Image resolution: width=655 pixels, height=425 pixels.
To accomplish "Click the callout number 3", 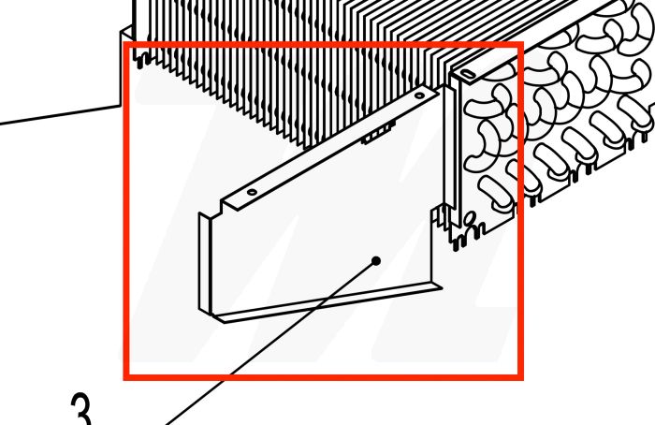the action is pos(81,409).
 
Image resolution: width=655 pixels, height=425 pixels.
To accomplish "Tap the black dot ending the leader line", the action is pos(376,261).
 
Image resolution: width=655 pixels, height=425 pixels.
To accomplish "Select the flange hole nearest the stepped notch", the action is pos(252,192).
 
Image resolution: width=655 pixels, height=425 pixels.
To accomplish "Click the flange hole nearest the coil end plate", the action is pos(419,95).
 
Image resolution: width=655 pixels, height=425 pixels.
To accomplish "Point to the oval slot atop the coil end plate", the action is pos(468,74).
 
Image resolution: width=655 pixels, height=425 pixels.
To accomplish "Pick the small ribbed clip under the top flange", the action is pos(378,134).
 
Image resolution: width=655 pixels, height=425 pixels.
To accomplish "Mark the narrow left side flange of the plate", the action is pos(205,263).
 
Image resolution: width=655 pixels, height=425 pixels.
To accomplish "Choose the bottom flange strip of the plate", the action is pos(327,302).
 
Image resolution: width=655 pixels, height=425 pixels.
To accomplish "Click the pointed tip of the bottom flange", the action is pos(442,287).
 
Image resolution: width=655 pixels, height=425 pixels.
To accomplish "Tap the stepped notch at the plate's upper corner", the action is pos(221,207).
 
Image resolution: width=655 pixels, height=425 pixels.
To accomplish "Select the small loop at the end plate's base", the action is pos(470,217).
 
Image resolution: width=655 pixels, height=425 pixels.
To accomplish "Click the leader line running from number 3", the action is pos(271,343).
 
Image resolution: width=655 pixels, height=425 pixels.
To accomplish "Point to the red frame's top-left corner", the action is pos(125,44).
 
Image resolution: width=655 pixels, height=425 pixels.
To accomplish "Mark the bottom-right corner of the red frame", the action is pos(521,378).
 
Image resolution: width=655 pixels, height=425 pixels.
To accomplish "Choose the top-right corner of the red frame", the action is pos(521,44).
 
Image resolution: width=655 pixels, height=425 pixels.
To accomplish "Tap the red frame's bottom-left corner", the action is pos(125,378).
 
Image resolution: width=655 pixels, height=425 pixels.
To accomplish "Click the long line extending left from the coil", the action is pos(61,115).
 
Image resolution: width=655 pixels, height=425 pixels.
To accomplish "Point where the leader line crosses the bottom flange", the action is pos(324,303).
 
